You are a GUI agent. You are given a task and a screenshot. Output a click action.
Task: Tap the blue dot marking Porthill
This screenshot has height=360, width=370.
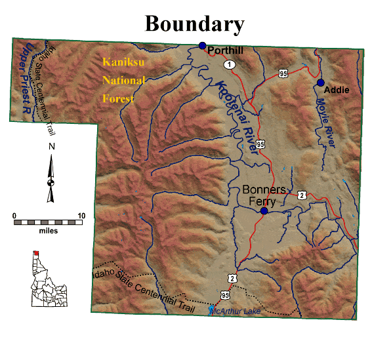(x=203, y=45)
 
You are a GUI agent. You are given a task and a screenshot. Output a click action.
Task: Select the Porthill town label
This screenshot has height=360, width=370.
(x=226, y=50)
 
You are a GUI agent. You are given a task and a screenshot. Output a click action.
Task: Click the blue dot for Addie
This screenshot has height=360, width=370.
(x=321, y=83)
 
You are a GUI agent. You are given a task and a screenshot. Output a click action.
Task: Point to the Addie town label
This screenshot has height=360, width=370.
(x=337, y=89)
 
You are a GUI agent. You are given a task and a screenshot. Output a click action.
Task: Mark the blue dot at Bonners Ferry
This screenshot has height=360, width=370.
(x=264, y=211)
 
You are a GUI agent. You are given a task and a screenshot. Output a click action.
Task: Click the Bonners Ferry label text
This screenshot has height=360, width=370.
(x=264, y=195)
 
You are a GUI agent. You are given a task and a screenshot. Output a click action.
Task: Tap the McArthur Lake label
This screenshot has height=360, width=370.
(x=235, y=311)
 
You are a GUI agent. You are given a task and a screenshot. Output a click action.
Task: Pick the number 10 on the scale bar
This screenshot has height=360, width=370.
(x=81, y=216)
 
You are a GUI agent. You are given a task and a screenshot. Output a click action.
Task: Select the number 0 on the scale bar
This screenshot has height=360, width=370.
(x=15, y=216)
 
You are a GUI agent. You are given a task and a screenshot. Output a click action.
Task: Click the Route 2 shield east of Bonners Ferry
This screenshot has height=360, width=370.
(x=302, y=194)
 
